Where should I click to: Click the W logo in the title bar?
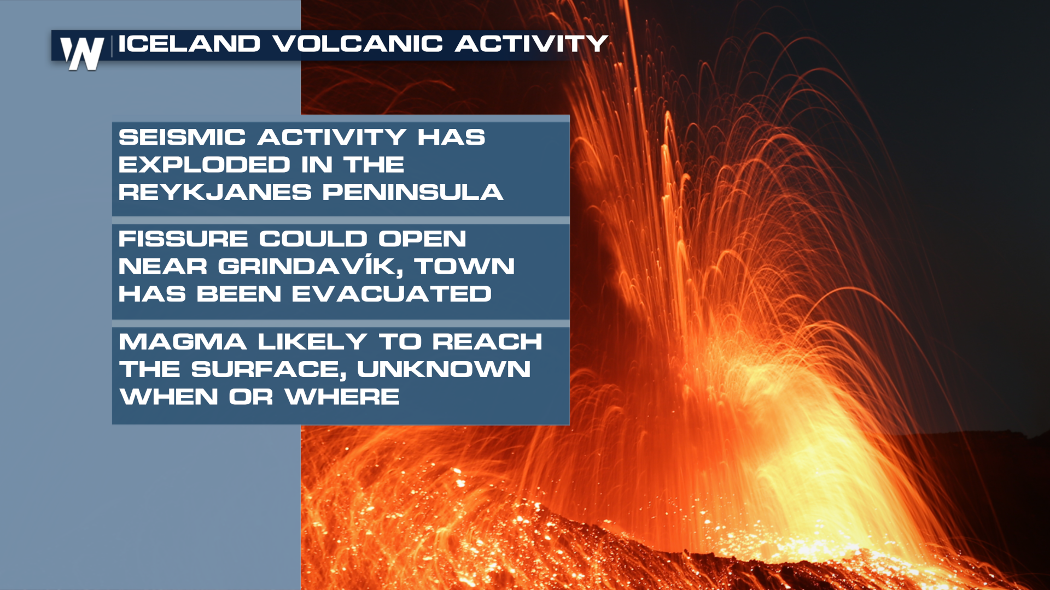82,54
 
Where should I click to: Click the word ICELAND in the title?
189,44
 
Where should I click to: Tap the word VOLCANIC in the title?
358,44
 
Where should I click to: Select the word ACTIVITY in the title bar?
531,44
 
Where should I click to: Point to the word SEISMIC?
182,137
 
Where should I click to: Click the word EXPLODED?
205,164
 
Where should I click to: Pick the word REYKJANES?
215,192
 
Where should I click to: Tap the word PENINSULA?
413,192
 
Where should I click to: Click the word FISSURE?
183,239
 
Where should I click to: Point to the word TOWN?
464,267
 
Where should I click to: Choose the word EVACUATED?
392,294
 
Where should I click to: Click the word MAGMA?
183,342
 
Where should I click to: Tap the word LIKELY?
312,342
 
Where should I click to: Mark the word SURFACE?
269,370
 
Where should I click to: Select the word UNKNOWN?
444,369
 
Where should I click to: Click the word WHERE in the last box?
342,397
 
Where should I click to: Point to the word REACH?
487,342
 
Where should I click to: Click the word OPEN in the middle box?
422,239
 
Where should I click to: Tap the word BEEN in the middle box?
238,294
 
